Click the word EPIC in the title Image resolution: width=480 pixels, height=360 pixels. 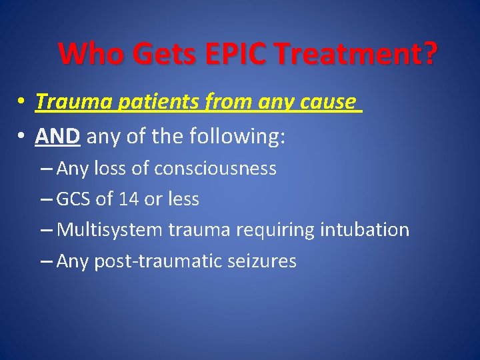tap(240, 54)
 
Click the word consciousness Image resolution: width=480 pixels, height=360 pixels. tap(215, 169)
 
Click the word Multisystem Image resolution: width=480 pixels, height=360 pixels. tap(109, 230)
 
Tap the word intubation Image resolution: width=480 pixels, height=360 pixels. tap(365, 230)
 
